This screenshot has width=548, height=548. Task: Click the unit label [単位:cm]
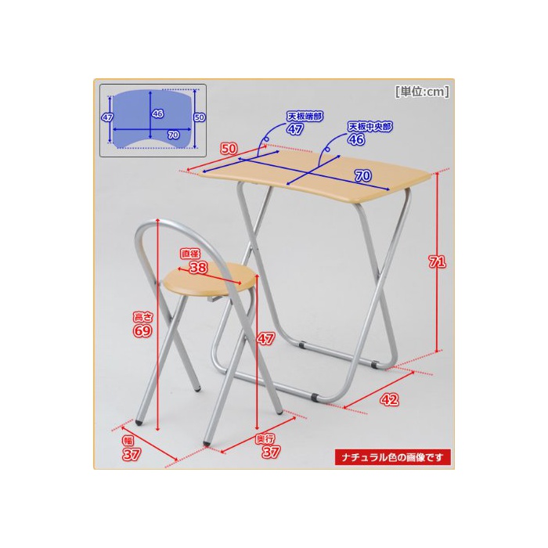(x=422, y=92)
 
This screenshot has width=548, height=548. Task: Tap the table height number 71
(x=437, y=261)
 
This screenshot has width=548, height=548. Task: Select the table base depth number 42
(x=389, y=399)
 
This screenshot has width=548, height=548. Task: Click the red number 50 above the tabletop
(x=229, y=149)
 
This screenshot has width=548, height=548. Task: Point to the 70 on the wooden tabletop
(x=363, y=175)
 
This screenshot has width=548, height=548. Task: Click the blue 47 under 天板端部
(x=295, y=129)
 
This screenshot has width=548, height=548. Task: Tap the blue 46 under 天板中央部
(x=356, y=139)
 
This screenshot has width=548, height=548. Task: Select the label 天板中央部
(x=370, y=127)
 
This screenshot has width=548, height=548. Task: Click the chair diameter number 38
(x=198, y=268)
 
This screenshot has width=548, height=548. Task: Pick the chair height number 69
(x=142, y=330)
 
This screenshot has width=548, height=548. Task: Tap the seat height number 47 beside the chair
(x=266, y=338)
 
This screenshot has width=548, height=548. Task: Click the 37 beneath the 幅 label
(x=132, y=454)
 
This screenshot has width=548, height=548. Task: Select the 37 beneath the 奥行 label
(x=271, y=452)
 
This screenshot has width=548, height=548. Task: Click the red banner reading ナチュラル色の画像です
(x=392, y=457)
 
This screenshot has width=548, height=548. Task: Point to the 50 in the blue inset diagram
(x=200, y=117)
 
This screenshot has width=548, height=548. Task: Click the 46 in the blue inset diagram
(x=157, y=114)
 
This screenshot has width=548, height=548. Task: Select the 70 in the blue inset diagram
(x=173, y=135)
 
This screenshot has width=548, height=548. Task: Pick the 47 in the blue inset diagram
(x=107, y=117)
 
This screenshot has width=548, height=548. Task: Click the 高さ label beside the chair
(x=143, y=317)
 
